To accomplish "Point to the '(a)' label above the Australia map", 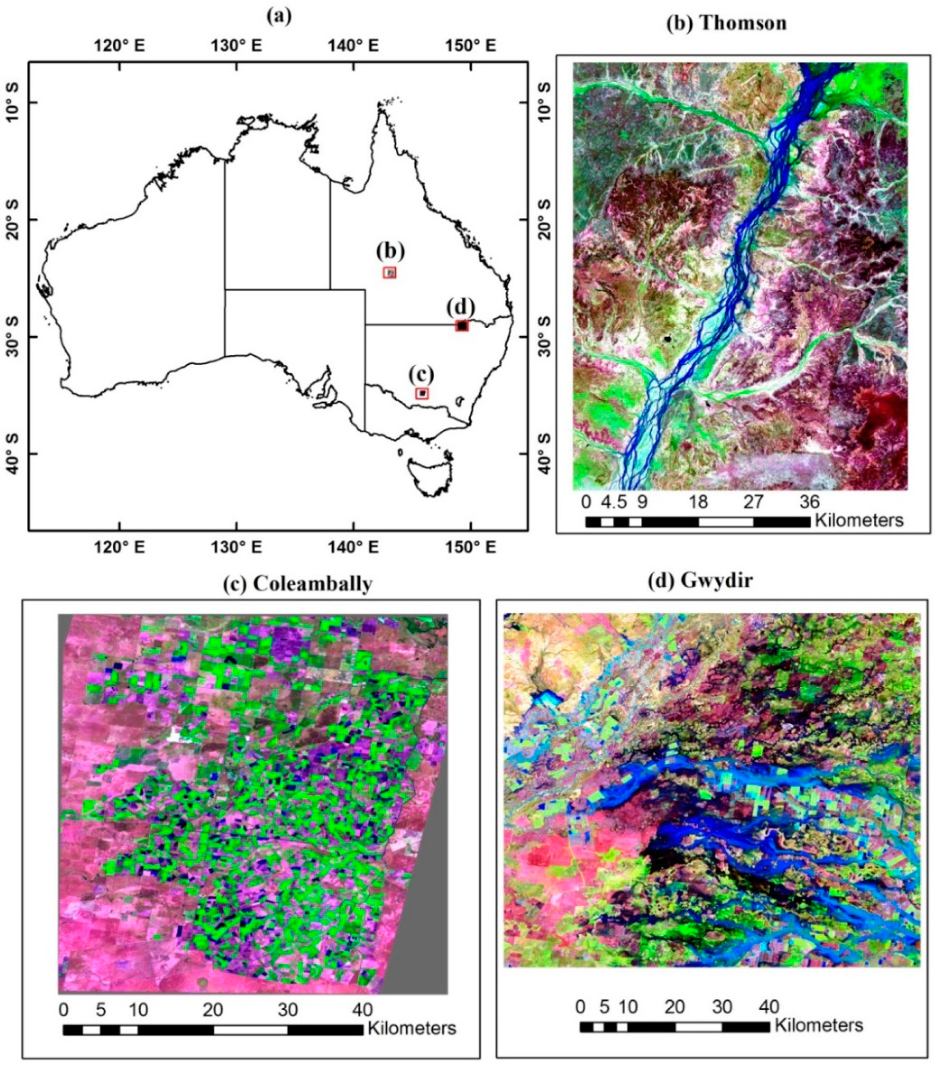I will [x=279, y=16].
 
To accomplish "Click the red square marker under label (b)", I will [x=390, y=272].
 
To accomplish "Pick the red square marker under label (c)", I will [x=422, y=393].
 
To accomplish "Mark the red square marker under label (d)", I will [x=461, y=325].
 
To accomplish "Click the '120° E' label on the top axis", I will [x=120, y=46].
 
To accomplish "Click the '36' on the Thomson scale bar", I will [x=809, y=502].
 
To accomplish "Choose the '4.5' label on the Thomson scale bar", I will [x=613, y=502].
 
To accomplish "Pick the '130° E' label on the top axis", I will [x=237, y=46].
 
